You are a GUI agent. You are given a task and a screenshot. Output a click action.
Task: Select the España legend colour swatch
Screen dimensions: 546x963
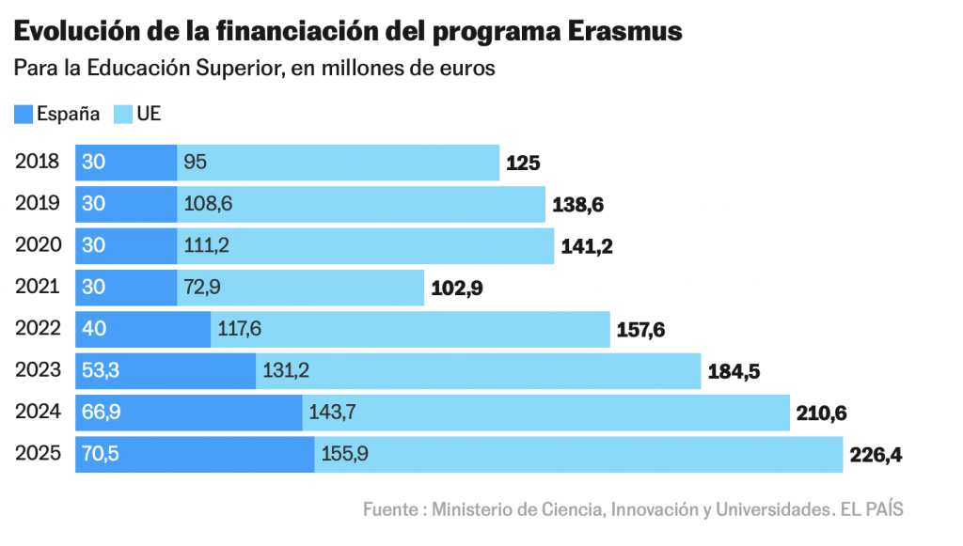[24, 115]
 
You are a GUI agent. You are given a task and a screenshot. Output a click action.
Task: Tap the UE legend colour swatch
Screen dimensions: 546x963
[123, 115]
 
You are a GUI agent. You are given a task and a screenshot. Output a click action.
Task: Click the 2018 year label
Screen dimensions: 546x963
[38, 162]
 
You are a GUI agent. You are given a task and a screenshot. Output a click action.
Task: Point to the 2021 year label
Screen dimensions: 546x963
[38, 287]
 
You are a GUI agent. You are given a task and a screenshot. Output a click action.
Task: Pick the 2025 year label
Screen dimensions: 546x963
[38, 454]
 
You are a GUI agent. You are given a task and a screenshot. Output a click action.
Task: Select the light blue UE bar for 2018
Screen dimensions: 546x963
[339, 162]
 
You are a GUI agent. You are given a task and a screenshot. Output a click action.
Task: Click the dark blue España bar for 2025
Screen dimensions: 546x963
[195, 454]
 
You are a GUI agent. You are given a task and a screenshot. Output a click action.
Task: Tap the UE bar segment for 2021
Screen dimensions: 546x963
[301, 287]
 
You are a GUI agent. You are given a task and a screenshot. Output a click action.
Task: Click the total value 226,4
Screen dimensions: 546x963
[876, 456]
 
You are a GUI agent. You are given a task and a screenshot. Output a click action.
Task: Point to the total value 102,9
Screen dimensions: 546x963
[456, 289]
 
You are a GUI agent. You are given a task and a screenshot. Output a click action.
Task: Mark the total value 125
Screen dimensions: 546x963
[523, 163]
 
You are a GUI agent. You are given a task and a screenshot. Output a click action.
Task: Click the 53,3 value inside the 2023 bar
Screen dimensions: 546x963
[101, 370]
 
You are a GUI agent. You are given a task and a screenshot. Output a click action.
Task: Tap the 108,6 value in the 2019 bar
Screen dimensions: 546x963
[208, 203]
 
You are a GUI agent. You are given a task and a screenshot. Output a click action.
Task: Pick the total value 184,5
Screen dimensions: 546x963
[734, 372]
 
